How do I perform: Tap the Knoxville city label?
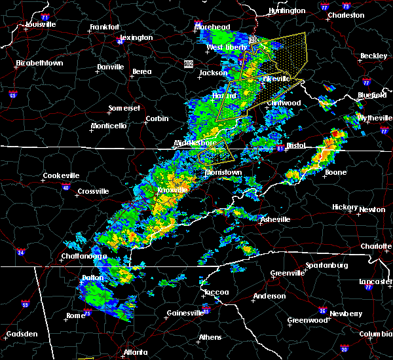(x=172, y=190)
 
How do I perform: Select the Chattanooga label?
(x=84, y=257)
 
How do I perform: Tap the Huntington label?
(x=286, y=11)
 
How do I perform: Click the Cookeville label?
(x=61, y=175)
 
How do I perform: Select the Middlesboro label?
(x=195, y=143)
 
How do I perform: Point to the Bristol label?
(x=296, y=146)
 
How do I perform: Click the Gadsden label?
(x=22, y=334)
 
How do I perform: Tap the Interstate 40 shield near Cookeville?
(x=65, y=187)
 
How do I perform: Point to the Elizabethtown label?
(x=39, y=63)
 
